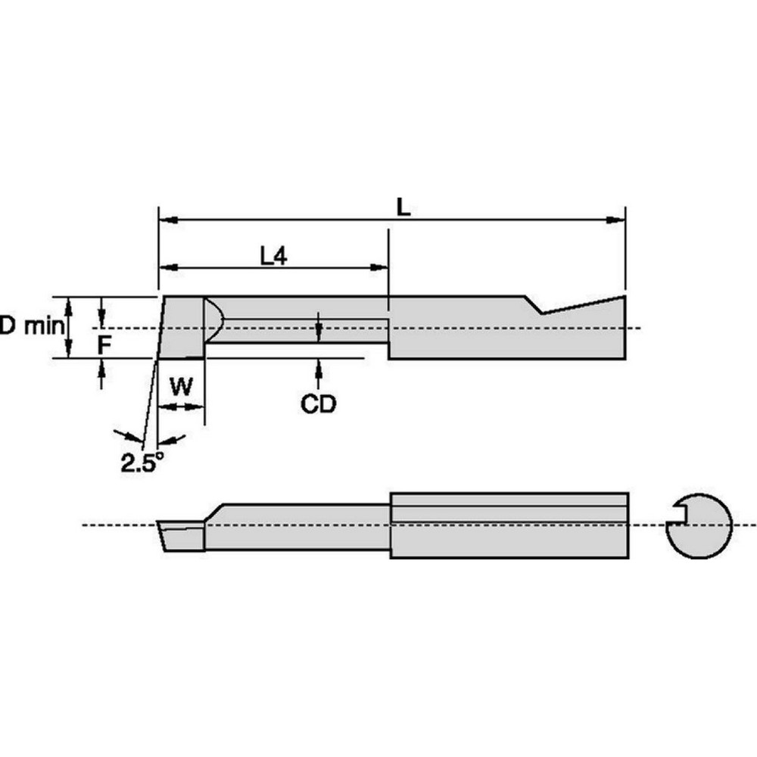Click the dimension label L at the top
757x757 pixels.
[x=404, y=207]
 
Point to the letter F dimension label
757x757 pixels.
[x=105, y=345]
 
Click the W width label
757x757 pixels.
[x=180, y=388]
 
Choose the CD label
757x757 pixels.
[x=318, y=404]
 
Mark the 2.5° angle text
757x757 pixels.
[x=142, y=462]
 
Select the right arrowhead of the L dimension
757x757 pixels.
[x=616, y=220]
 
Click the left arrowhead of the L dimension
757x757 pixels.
[x=167, y=220]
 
